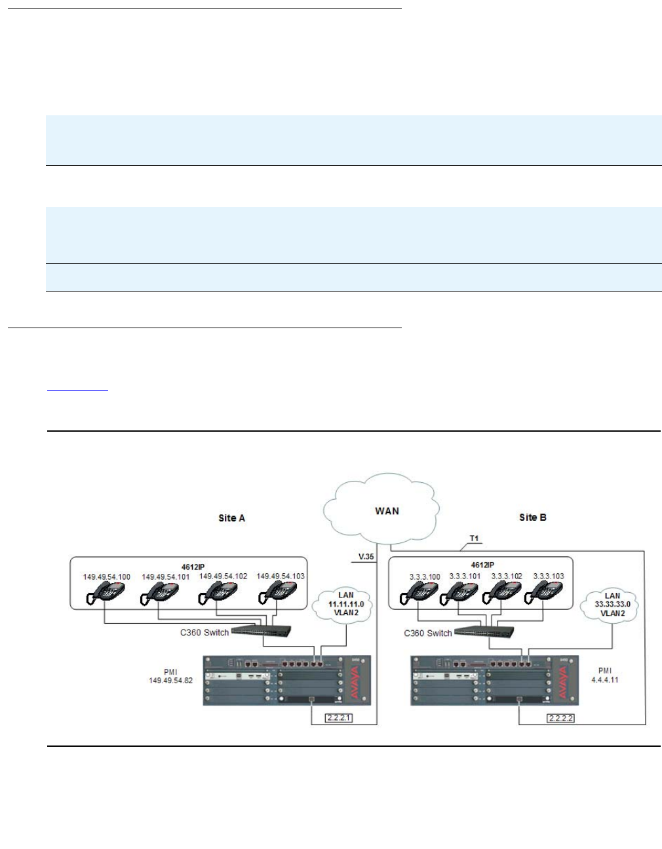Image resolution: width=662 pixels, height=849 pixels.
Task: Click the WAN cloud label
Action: tap(387, 511)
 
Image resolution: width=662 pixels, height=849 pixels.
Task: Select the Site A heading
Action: tap(231, 518)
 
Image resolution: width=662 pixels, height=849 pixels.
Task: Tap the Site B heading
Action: tap(532, 518)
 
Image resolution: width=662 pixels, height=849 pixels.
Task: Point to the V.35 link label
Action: tap(366, 557)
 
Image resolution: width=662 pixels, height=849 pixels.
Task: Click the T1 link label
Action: tap(474, 538)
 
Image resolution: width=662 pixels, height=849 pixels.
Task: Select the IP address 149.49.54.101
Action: tap(166, 577)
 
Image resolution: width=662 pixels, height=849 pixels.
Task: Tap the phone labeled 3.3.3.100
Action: tap(423, 594)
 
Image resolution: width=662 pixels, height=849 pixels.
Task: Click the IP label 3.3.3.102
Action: tap(507, 576)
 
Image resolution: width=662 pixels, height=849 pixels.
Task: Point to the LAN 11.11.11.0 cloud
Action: tap(346, 604)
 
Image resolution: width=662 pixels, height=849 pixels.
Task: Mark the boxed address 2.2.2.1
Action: tap(339, 718)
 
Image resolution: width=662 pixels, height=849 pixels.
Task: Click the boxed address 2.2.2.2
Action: tap(561, 718)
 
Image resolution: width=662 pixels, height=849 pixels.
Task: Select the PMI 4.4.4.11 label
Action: tap(604, 675)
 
